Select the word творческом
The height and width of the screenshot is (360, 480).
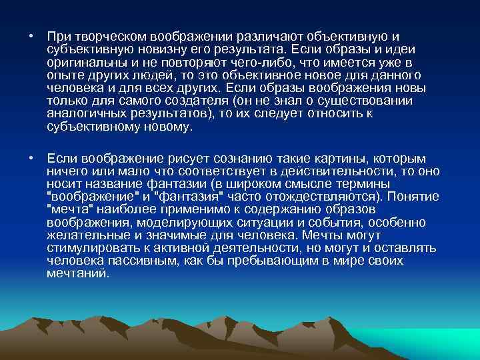pyautogui.click(x=105, y=37)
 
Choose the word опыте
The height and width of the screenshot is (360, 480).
pyautogui.click(x=64, y=76)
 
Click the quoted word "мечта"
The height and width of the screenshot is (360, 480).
pyautogui.click(x=69, y=209)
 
